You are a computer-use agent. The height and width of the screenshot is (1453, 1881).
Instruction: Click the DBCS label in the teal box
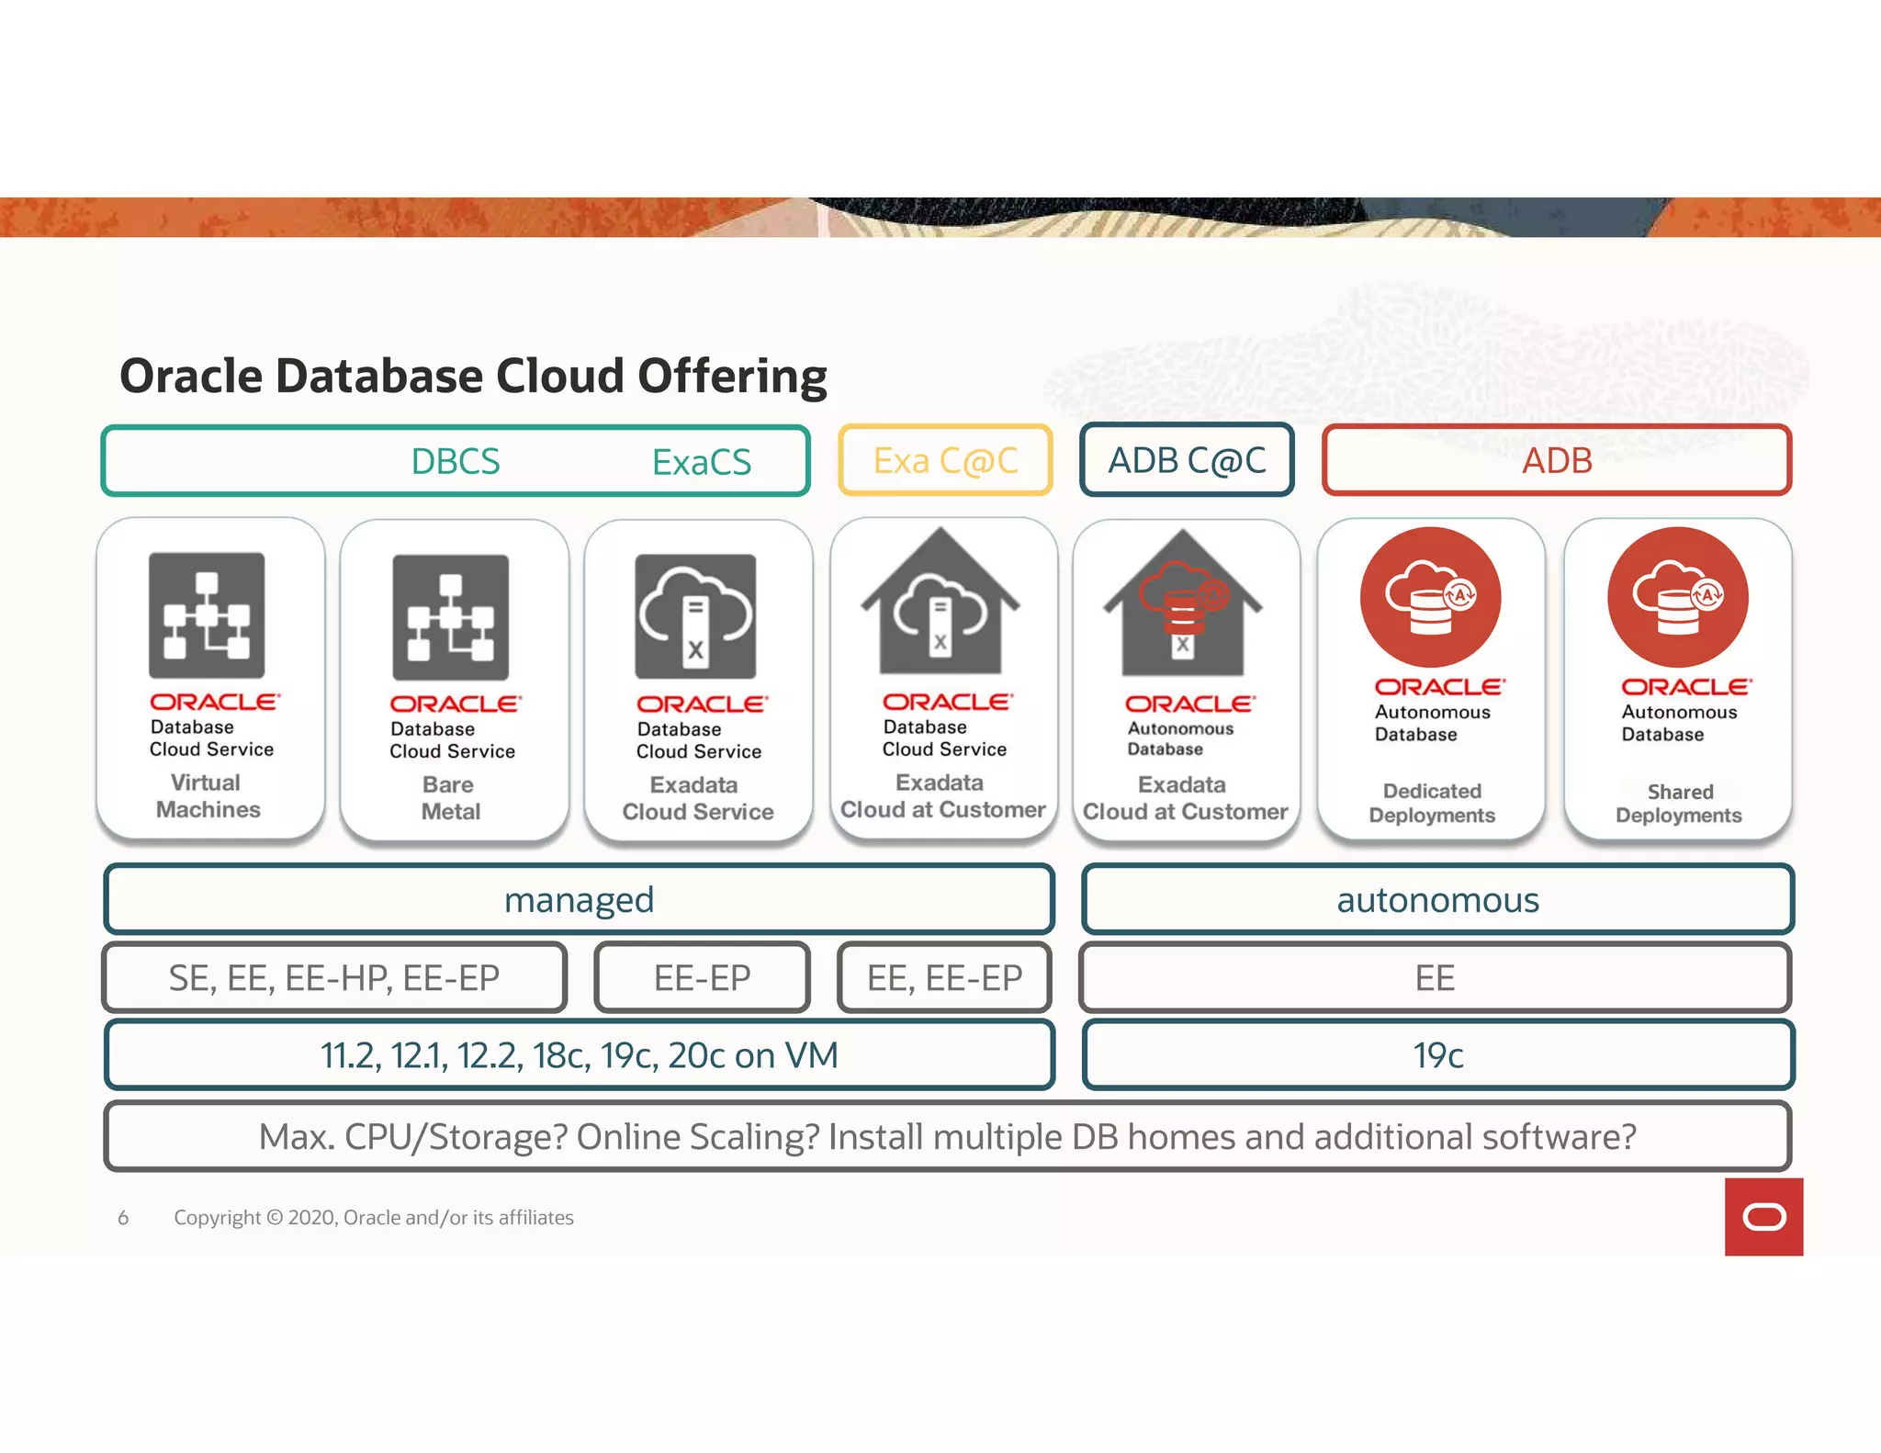point(456,461)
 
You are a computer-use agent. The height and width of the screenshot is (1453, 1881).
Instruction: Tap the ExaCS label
point(702,462)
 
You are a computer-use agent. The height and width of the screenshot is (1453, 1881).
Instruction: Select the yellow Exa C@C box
point(945,460)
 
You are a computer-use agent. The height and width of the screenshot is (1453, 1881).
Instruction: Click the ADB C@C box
point(1187,460)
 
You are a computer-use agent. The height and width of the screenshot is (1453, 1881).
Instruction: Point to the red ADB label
point(1557,460)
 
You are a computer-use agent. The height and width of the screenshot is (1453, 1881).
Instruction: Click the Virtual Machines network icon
point(207,615)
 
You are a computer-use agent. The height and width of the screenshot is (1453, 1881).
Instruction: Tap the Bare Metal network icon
point(450,617)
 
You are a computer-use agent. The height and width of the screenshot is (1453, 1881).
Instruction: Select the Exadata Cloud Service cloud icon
point(695,616)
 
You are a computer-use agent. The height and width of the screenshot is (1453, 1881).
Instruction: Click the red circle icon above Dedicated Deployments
point(1430,597)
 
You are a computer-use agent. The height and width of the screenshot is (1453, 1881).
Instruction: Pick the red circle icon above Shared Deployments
point(1678,597)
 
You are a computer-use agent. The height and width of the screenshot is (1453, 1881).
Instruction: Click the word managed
point(579,900)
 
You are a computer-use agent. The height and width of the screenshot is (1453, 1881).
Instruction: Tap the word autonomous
point(1437,900)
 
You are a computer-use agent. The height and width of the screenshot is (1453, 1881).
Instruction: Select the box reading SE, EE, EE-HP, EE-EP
point(334,978)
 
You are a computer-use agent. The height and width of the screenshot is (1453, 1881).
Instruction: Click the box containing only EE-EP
point(703,978)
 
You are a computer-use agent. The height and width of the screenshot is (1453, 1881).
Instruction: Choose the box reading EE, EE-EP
point(944,978)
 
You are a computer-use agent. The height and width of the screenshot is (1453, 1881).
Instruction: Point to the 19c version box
point(1437,1055)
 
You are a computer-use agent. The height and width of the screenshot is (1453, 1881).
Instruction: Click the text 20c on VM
point(753,1055)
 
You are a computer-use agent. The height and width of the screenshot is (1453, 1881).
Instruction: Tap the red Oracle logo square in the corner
point(1763,1217)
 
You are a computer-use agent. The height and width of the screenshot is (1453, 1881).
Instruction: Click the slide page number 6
point(123,1218)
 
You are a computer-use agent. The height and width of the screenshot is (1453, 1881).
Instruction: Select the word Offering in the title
point(732,376)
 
